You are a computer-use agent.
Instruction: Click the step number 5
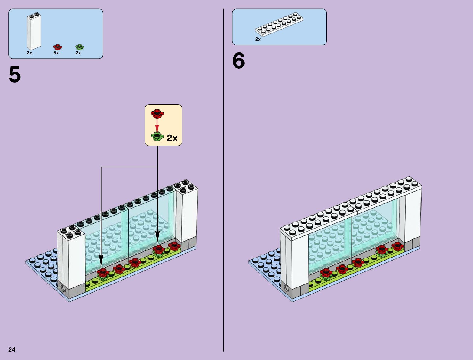tap(15, 75)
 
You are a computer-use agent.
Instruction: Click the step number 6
tap(238, 61)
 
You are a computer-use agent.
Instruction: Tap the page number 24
tap(12, 349)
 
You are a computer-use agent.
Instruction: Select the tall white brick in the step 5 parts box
tap(34, 31)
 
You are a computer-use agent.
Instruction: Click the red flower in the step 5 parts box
tap(57, 47)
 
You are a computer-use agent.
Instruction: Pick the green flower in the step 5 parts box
tap(79, 47)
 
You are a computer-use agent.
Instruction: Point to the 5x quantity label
tap(56, 53)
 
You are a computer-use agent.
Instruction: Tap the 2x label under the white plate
tap(258, 39)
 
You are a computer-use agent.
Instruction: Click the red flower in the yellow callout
tap(157, 114)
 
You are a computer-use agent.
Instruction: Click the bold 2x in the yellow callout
tap(172, 138)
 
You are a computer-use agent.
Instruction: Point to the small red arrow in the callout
tap(157, 125)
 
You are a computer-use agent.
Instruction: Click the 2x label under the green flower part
tap(78, 53)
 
